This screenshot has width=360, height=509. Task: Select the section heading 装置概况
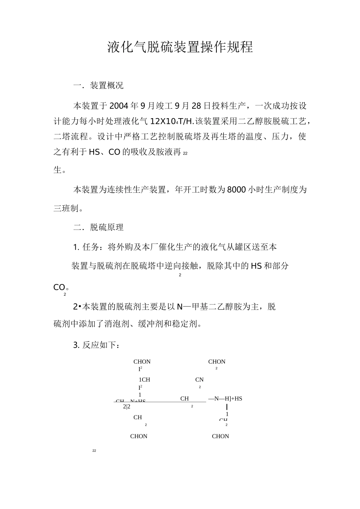pyautogui.click(x=106, y=86)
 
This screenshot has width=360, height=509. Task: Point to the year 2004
pyautogui.click(x=119, y=105)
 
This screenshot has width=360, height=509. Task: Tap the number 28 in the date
pyautogui.click(x=197, y=105)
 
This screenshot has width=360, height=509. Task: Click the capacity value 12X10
pyautogui.click(x=162, y=121)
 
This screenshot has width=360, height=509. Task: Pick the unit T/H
pyautogui.click(x=186, y=121)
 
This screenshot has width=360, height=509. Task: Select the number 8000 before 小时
pyautogui.click(x=236, y=190)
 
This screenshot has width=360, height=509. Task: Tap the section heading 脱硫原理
pyautogui.click(x=106, y=228)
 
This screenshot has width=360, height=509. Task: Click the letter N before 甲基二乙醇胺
pyautogui.click(x=180, y=307)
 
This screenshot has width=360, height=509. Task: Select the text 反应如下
pyautogui.click(x=100, y=345)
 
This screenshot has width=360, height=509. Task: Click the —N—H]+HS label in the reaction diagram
pyautogui.click(x=225, y=398)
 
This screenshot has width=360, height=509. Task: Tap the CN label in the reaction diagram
pyautogui.click(x=199, y=379)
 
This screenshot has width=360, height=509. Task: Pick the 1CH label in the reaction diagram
pyautogui.click(x=144, y=379)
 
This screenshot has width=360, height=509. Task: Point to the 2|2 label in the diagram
pyautogui.click(x=127, y=407)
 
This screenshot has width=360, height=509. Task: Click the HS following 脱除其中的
pyautogui.click(x=256, y=266)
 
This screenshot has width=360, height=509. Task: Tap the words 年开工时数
pyautogui.click(x=196, y=190)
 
